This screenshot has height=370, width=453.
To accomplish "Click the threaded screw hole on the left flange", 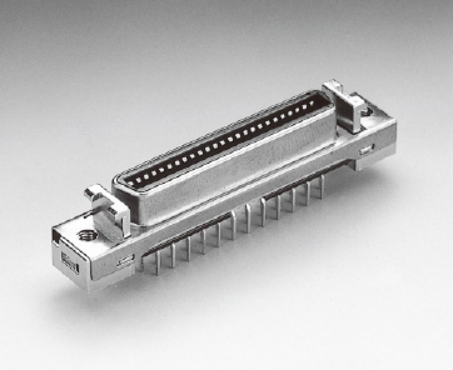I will [87, 235].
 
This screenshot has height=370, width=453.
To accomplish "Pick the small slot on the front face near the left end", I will [126, 261].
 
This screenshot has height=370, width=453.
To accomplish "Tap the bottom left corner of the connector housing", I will [89, 290].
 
